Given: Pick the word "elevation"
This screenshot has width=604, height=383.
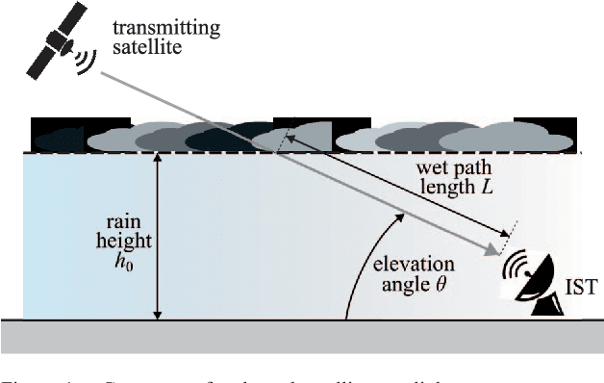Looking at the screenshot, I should point(405,264).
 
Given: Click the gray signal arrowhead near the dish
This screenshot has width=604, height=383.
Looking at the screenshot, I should point(494,252).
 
